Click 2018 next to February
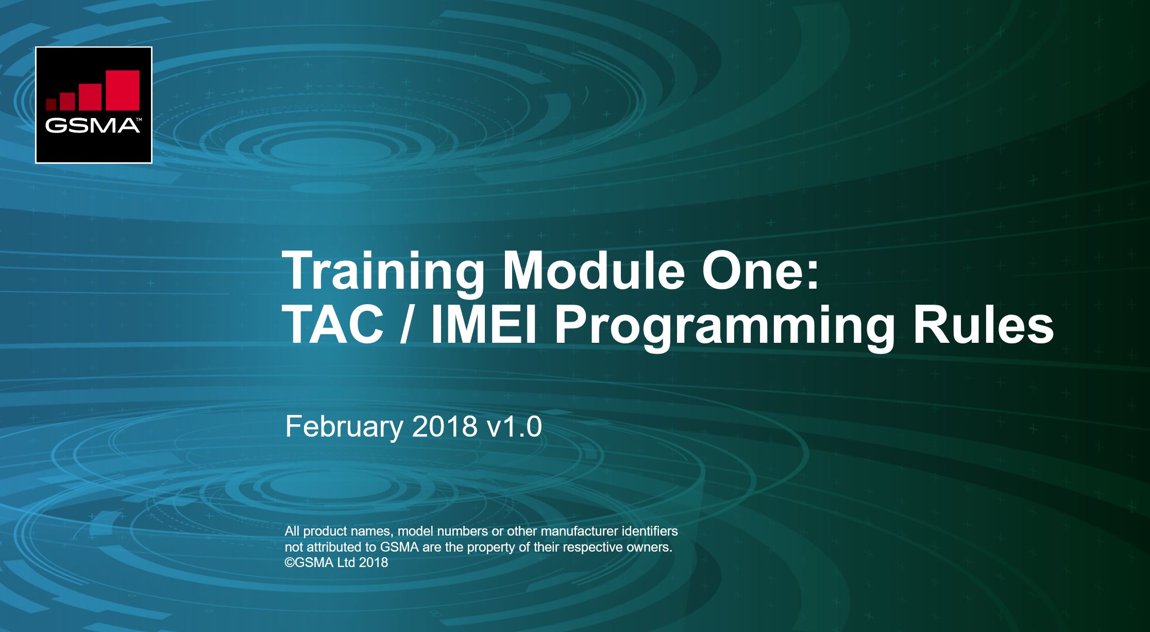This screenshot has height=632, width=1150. tap(445, 427)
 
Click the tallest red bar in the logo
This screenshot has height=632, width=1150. tap(123, 90)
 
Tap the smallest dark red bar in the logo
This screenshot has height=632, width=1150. tap(51, 105)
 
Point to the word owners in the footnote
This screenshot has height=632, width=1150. tap(650, 547)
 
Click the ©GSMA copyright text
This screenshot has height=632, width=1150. tap(309, 562)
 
